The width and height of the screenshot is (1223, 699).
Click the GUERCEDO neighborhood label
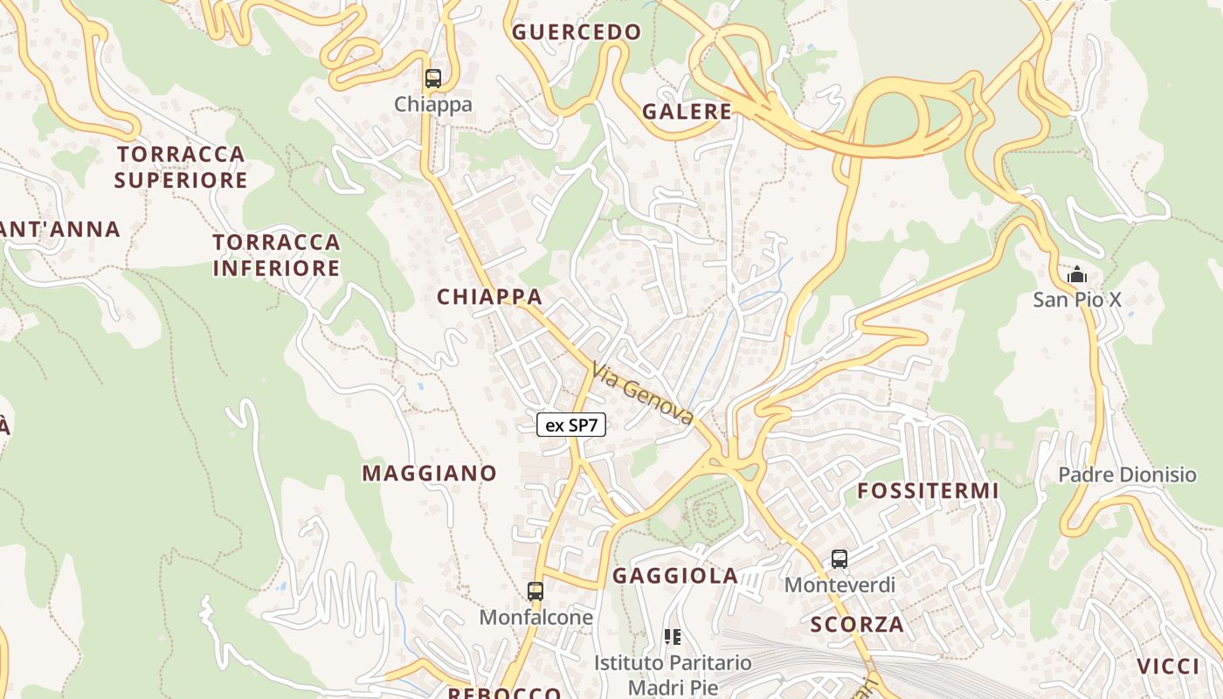coord(577,33)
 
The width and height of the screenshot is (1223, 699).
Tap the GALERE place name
coord(687,112)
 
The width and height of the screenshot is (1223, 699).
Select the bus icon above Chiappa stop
coord(433,79)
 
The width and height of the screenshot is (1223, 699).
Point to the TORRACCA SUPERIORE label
coord(181,167)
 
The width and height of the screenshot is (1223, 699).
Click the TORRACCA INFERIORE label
coord(276,254)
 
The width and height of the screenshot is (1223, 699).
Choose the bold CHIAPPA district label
coord(489,297)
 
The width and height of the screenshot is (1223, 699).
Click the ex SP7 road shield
coord(570,426)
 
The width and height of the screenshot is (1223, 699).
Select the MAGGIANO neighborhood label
coord(429,474)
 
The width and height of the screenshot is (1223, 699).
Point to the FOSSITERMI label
coord(927,491)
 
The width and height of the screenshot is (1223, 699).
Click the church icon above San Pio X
coord(1077,275)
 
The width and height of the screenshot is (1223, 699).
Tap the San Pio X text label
coord(1077,300)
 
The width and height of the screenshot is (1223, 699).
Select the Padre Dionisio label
coord(1127,474)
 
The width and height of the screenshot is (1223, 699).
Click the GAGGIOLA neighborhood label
coord(675,576)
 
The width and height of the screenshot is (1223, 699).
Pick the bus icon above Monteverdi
coord(840,559)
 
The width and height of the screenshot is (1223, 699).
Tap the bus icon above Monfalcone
coord(535,592)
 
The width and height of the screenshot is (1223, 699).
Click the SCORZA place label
coord(857,625)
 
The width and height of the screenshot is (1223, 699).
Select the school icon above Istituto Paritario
coord(673,637)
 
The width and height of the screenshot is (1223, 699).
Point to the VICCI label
coord(1169,666)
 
